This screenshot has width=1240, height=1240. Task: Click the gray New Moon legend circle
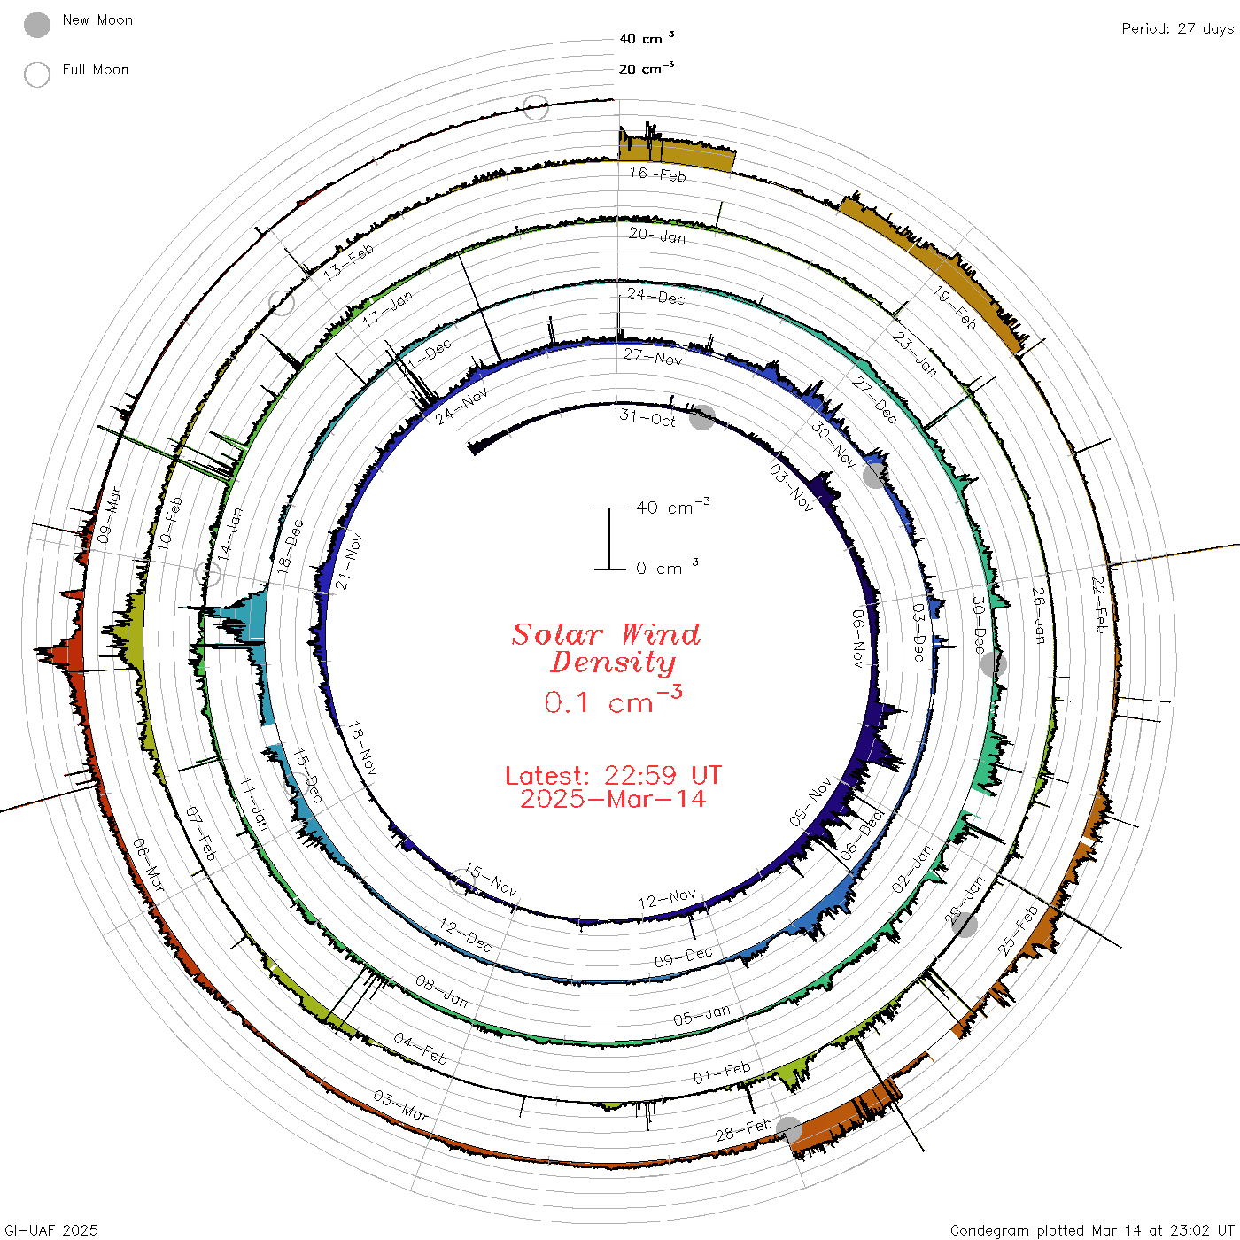click(x=36, y=25)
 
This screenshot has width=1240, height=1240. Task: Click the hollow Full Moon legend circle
click(x=36, y=74)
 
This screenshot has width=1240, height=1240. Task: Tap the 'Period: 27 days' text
click(x=1178, y=29)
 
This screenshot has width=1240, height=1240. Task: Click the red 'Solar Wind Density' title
click(x=607, y=648)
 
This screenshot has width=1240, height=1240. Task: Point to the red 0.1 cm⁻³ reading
click(x=613, y=700)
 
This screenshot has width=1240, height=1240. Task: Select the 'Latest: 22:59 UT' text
click(x=613, y=775)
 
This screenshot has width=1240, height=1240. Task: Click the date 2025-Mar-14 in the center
click(x=613, y=799)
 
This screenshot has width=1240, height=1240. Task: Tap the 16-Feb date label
click(x=658, y=174)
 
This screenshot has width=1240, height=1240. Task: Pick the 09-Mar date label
click(x=110, y=515)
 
